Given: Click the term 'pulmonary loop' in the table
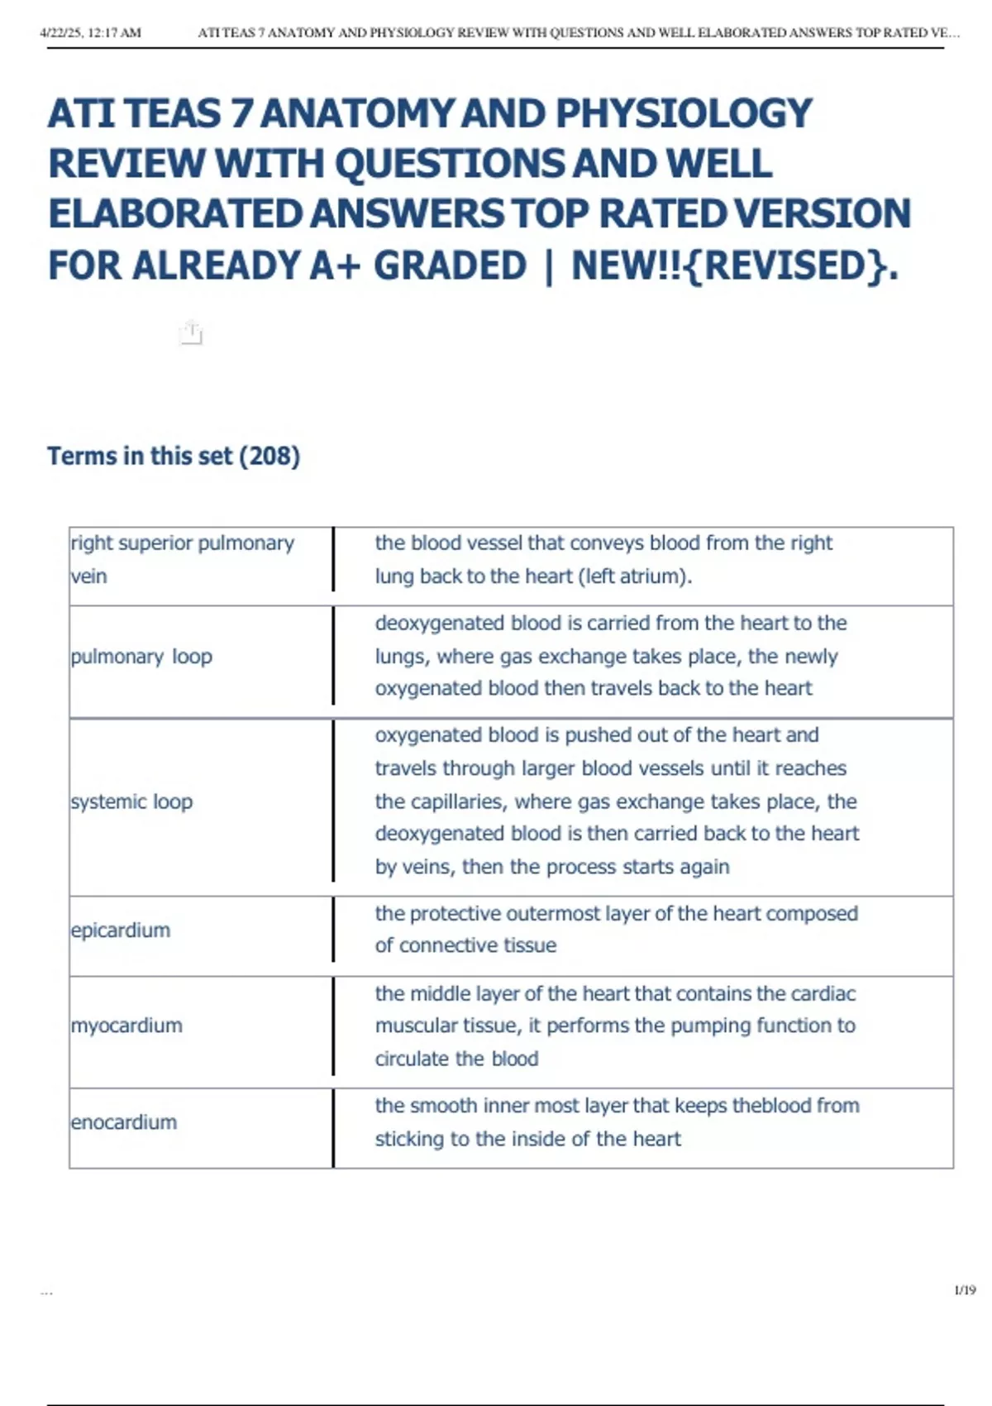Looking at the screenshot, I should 141,657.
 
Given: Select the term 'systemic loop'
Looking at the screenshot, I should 131,802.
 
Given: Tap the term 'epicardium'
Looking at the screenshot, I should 121,930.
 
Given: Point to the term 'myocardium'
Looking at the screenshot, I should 126,1026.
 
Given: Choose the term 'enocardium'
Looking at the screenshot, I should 124,1122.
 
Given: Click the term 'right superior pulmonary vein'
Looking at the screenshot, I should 182,559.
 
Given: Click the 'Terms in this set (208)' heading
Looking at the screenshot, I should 174,456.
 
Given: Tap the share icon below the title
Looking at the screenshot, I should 191,332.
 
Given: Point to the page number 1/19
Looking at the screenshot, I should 965,1290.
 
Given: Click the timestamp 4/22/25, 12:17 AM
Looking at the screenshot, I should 90,33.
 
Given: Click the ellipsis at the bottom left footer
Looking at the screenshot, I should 46,1291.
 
